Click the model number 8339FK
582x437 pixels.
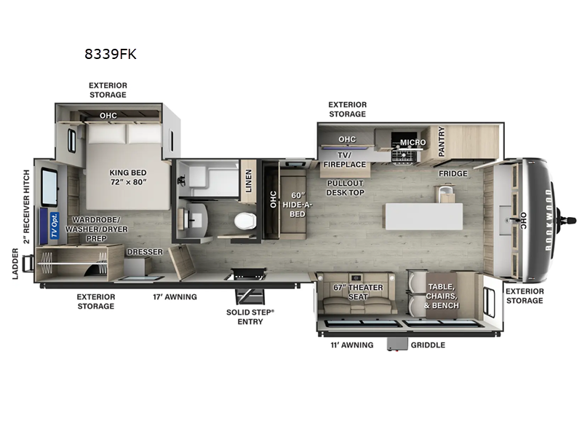coord(111,54)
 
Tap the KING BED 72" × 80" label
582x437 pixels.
coord(128,178)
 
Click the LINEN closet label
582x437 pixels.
coord(249,179)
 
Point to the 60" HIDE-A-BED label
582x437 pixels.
coord(296,205)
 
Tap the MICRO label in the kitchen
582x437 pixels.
coord(412,143)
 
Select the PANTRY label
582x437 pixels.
coord(441,142)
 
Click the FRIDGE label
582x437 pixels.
coord(453,174)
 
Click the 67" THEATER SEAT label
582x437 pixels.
coord(357,292)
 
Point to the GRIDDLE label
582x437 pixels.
coord(428,345)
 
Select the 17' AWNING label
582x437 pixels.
coord(175,296)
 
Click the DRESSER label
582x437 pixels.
coord(144,252)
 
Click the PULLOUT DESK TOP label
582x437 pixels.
coord(346,188)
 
